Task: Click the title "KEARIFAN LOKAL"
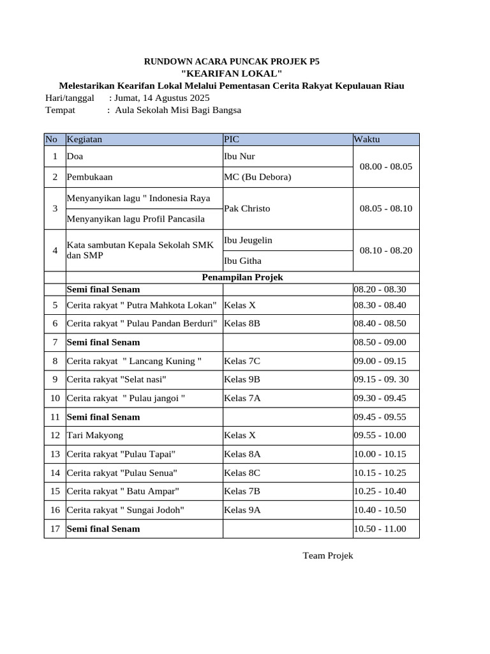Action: click(232, 74)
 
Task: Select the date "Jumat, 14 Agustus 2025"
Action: click(161, 98)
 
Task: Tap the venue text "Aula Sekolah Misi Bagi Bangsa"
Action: click(178, 110)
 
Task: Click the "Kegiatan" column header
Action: click(84, 139)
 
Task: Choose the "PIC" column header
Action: click(231, 139)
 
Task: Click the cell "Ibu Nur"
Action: click(239, 156)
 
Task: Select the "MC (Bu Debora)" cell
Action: click(257, 177)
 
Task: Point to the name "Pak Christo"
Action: click(247, 208)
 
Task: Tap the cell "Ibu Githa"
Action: click(242, 261)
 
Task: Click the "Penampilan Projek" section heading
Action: click(242, 277)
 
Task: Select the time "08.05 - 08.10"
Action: click(385, 208)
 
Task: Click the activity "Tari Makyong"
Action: click(95, 436)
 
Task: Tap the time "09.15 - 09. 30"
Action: click(382, 379)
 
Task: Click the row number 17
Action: click(55, 529)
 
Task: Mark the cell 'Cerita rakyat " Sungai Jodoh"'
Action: click(126, 510)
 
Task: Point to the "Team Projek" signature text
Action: click(327, 556)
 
